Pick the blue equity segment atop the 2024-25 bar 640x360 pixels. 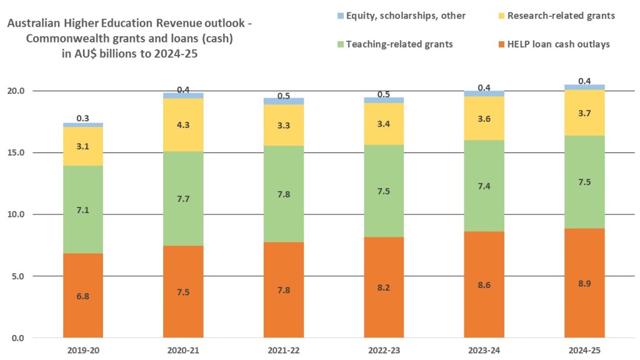584,87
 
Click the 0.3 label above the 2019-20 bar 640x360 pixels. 83,117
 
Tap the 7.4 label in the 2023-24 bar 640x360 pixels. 484,186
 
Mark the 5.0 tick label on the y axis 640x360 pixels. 28,276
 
